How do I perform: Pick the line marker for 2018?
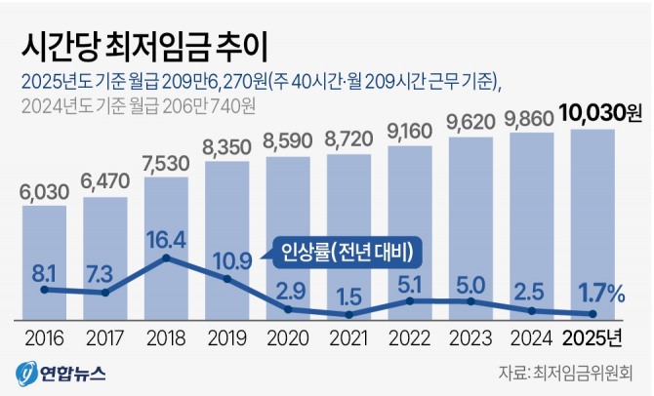click(166, 258)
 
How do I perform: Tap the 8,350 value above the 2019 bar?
click(226, 148)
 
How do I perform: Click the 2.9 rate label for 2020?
click(289, 291)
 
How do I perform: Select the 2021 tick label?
click(349, 339)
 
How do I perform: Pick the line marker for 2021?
click(349, 314)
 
